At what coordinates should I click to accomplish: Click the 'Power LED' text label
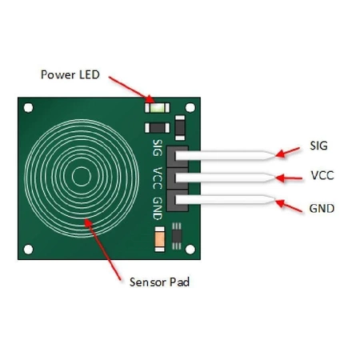71,74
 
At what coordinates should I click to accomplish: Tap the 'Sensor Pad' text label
159,282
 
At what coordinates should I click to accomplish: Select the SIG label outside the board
318,146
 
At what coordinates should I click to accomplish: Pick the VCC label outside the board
322,177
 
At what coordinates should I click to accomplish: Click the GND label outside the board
322,208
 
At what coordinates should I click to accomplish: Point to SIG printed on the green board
157,148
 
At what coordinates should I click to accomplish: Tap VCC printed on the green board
157,177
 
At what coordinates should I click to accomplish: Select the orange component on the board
159,237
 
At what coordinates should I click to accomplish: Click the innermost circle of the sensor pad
81,176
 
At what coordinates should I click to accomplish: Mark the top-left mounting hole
30,106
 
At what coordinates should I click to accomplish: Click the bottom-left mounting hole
30,246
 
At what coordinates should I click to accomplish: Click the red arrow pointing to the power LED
129,89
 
